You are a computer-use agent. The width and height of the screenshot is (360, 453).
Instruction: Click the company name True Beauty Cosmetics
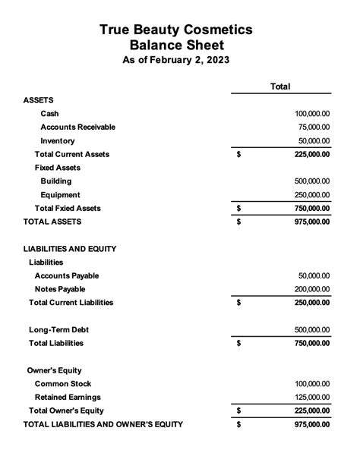coord(175,30)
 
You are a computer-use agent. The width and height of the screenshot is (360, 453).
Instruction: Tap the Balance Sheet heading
coord(175,45)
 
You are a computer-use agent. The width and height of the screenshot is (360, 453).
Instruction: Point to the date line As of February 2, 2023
coord(175,60)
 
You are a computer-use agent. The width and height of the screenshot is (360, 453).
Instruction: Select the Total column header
coord(280,87)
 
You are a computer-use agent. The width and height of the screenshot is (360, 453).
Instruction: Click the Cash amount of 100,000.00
coord(312,114)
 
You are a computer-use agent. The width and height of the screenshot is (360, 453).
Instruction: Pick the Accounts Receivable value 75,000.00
coord(314,127)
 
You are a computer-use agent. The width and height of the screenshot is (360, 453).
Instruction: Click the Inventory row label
coord(58,141)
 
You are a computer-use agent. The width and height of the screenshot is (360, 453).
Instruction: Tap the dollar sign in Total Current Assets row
coord(238,155)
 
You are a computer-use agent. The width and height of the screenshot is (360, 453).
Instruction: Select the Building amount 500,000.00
coord(312,181)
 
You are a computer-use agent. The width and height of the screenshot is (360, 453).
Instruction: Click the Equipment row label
coord(61,195)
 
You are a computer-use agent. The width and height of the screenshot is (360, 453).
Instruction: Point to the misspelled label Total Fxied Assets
coord(68,208)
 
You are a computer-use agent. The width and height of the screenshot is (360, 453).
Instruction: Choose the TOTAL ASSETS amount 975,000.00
coord(312,222)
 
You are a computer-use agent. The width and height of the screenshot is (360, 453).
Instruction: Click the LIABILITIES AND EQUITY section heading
coord(70,249)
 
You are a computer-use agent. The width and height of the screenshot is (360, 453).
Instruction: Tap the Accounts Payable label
coord(67,275)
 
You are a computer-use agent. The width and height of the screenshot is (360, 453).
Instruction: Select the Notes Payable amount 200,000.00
coord(312,289)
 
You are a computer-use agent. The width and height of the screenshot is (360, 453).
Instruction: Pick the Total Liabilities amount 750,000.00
coord(312,343)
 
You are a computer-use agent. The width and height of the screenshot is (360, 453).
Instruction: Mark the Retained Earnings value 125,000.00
coord(312,397)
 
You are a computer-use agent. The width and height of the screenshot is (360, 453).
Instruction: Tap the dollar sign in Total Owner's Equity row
coord(238,411)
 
